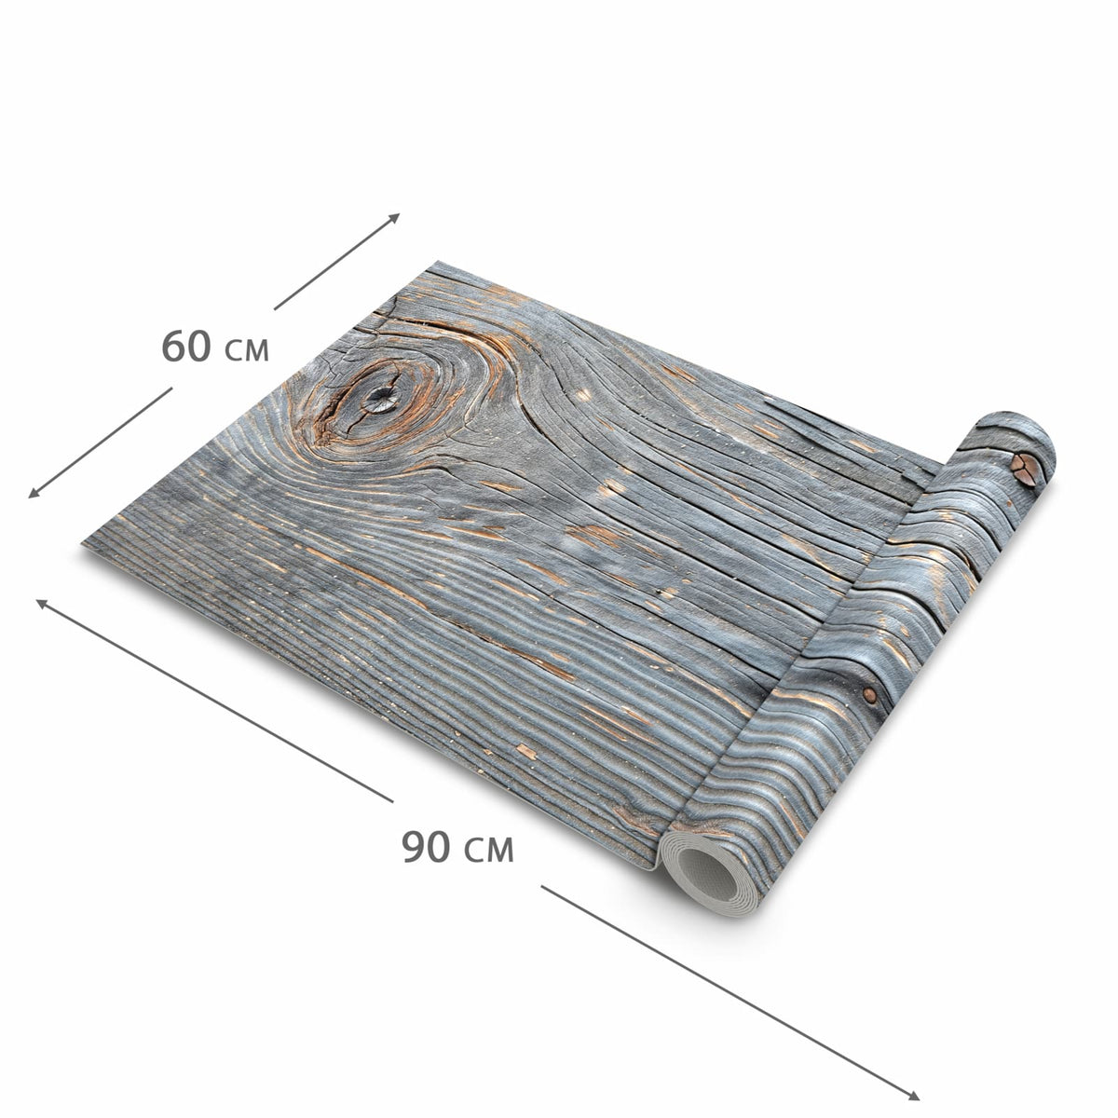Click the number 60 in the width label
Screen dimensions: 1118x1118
coord(185,346)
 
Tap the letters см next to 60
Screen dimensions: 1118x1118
coord(246,351)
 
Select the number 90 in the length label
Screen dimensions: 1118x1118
coord(425,847)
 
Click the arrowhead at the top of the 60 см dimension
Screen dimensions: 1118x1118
coord(394,217)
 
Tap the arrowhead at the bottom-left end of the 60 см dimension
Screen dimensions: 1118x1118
coord(34,493)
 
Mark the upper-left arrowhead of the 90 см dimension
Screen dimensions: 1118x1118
coord(42,604)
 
